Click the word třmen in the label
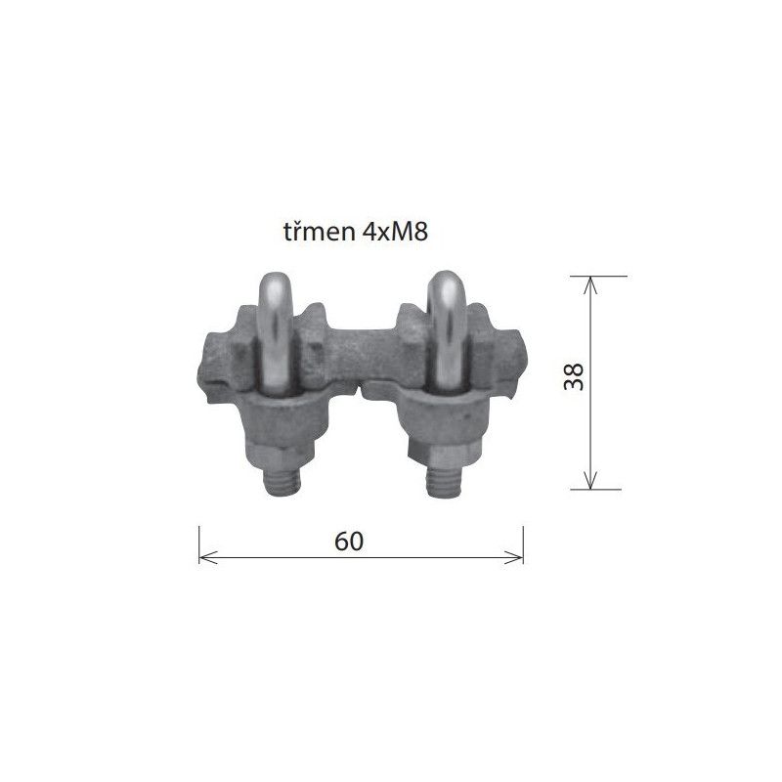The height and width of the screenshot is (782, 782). pos(320,232)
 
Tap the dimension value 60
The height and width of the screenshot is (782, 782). pos(349,542)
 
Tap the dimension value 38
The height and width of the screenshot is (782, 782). pos(574,376)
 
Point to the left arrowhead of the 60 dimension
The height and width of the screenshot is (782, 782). pos(208,557)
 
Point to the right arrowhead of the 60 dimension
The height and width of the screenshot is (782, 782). pos(514,557)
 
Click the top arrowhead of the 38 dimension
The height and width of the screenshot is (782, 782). pos(590,285)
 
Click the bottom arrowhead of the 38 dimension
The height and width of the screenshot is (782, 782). pos(590,480)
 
